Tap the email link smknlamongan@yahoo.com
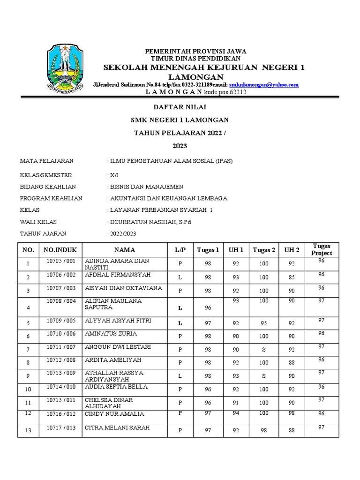click(263, 84)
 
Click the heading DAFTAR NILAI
click(180, 107)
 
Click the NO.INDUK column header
click(60, 250)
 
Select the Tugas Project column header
click(321, 249)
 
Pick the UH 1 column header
click(236, 250)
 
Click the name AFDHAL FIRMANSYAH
click(118, 275)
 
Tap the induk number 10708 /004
click(60, 301)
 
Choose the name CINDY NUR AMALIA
click(114, 414)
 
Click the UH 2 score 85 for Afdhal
click(292, 277)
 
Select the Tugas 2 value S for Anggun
click(264, 350)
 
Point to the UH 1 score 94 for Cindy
click(236, 413)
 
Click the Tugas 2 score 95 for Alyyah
click(264, 323)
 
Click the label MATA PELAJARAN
click(46, 161)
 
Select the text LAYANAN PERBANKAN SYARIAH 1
click(161, 210)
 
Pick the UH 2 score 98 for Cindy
click(292, 413)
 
